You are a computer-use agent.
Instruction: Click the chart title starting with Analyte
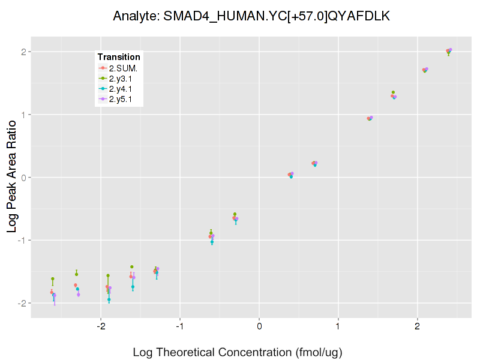[x=252, y=16]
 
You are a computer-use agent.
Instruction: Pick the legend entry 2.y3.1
[x=122, y=79]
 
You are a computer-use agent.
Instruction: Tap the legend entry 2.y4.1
[x=122, y=89]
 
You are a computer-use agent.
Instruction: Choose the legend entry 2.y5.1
[x=122, y=100]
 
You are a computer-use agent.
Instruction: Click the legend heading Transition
[x=119, y=57]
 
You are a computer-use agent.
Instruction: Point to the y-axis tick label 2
[x=23, y=52]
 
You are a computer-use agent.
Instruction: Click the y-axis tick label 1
[x=23, y=115]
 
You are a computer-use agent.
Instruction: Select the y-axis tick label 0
[x=23, y=178]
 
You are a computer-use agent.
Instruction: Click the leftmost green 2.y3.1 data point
[x=53, y=279]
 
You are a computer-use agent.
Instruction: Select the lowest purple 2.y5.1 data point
[x=54, y=295]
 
